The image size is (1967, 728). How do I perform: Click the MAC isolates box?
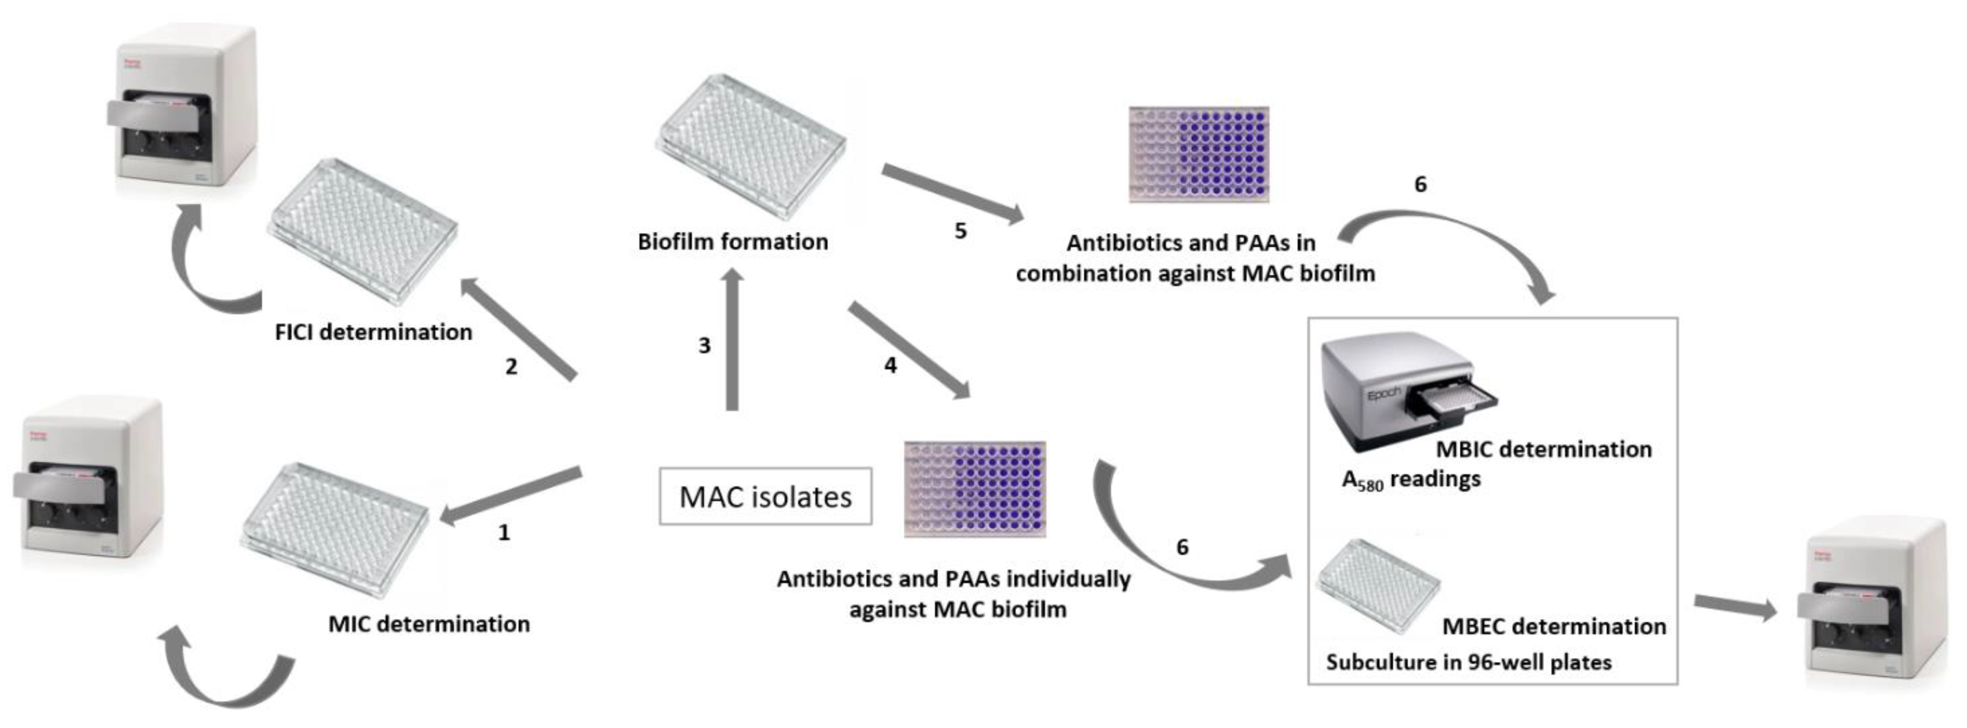click(x=765, y=497)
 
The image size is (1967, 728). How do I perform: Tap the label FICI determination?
click(x=373, y=332)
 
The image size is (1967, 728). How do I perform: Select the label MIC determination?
click(x=428, y=624)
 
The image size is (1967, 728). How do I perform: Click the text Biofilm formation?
click(x=732, y=242)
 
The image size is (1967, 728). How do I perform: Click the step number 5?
click(x=961, y=231)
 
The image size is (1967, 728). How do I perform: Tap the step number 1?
click(x=503, y=533)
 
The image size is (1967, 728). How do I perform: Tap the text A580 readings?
click(x=1411, y=480)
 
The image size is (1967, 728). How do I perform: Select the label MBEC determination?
click(x=1553, y=626)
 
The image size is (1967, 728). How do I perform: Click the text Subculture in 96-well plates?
click(x=1469, y=662)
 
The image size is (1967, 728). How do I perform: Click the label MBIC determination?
click(x=1543, y=449)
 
